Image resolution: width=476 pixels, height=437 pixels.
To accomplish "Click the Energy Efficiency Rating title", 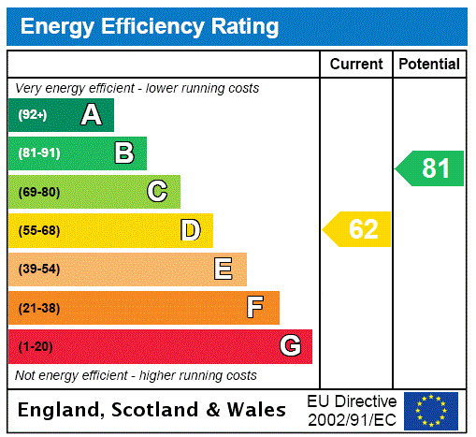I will (x=150, y=26).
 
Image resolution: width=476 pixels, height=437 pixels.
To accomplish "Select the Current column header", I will (x=356, y=65).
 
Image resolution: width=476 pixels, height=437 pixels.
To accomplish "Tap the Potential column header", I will (x=429, y=65).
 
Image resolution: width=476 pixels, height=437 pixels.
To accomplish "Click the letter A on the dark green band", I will (x=91, y=115).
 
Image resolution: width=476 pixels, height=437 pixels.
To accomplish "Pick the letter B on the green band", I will (x=123, y=153).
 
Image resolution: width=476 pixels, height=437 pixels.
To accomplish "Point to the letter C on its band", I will (x=157, y=192).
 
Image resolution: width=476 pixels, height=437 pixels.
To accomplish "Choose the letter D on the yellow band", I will (x=190, y=230).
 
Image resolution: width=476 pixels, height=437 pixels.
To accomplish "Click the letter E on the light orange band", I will (x=224, y=269).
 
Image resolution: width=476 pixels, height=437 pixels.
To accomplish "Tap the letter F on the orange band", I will (x=255, y=308).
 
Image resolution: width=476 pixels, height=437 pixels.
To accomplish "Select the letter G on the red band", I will (x=290, y=346).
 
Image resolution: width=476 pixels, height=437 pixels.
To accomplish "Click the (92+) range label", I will (x=32, y=115).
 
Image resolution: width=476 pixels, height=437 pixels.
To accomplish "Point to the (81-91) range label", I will (x=38, y=153).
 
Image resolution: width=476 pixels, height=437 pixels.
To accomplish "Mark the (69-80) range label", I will (x=38, y=192).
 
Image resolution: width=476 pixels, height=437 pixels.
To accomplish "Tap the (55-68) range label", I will (x=38, y=230).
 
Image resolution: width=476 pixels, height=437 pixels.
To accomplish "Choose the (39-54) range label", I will (x=38, y=269).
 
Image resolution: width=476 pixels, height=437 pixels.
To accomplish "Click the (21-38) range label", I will (x=38, y=308).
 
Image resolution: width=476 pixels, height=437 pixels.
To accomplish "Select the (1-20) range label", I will (x=36, y=346).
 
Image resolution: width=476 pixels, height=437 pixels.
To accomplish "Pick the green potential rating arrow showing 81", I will (x=431, y=168).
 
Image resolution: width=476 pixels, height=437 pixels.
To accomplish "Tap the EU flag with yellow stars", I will (x=431, y=410).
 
